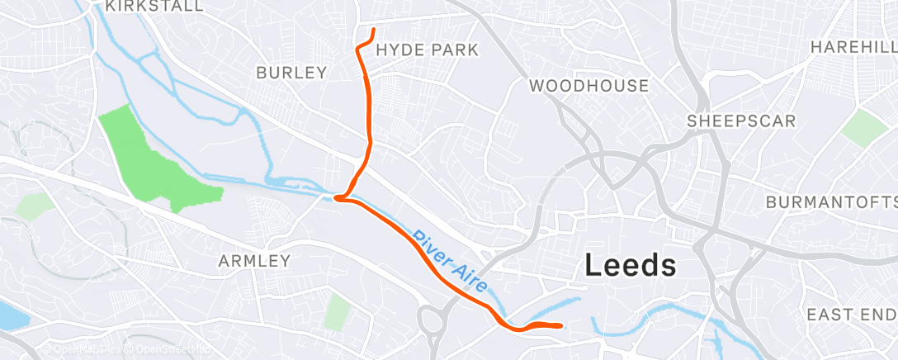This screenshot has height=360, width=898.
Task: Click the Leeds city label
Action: (x=631, y=266)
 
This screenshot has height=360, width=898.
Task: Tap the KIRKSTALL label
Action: (x=155, y=7)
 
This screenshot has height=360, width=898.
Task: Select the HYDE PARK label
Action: (x=427, y=50)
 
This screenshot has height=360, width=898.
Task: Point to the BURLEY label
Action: (x=291, y=73)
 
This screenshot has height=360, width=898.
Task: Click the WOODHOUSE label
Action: (x=588, y=86)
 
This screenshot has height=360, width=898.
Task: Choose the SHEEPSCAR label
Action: (x=742, y=121)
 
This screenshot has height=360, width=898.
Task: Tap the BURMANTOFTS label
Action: (x=830, y=202)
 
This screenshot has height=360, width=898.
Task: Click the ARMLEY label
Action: (x=254, y=261)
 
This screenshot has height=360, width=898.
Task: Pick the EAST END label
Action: (x=850, y=315)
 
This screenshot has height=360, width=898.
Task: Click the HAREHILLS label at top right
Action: (x=853, y=48)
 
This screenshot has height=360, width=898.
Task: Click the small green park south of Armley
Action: (x=337, y=311)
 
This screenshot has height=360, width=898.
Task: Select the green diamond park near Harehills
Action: (x=865, y=127)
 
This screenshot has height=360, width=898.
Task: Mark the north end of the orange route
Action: (x=374, y=31)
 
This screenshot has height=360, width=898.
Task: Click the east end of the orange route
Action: (x=561, y=325)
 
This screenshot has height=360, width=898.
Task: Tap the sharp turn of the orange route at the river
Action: (x=336, y=197)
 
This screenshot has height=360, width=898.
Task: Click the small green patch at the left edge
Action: (x=35, y=206)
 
